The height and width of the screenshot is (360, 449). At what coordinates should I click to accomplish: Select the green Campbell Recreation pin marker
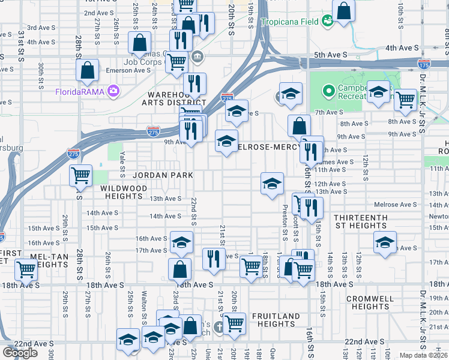click(328, 92)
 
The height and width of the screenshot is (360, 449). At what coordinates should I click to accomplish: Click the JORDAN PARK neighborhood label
click(163, 175)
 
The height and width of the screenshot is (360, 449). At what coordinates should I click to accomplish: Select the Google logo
click(20, 353)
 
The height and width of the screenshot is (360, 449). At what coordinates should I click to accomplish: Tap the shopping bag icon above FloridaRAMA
click(88, 70)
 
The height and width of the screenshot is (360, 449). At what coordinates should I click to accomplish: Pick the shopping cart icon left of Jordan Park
click(80, 176)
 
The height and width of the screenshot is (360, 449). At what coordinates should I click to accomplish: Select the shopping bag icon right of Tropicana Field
click(343, 10)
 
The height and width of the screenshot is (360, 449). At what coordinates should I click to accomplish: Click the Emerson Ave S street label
click(128, 70)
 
